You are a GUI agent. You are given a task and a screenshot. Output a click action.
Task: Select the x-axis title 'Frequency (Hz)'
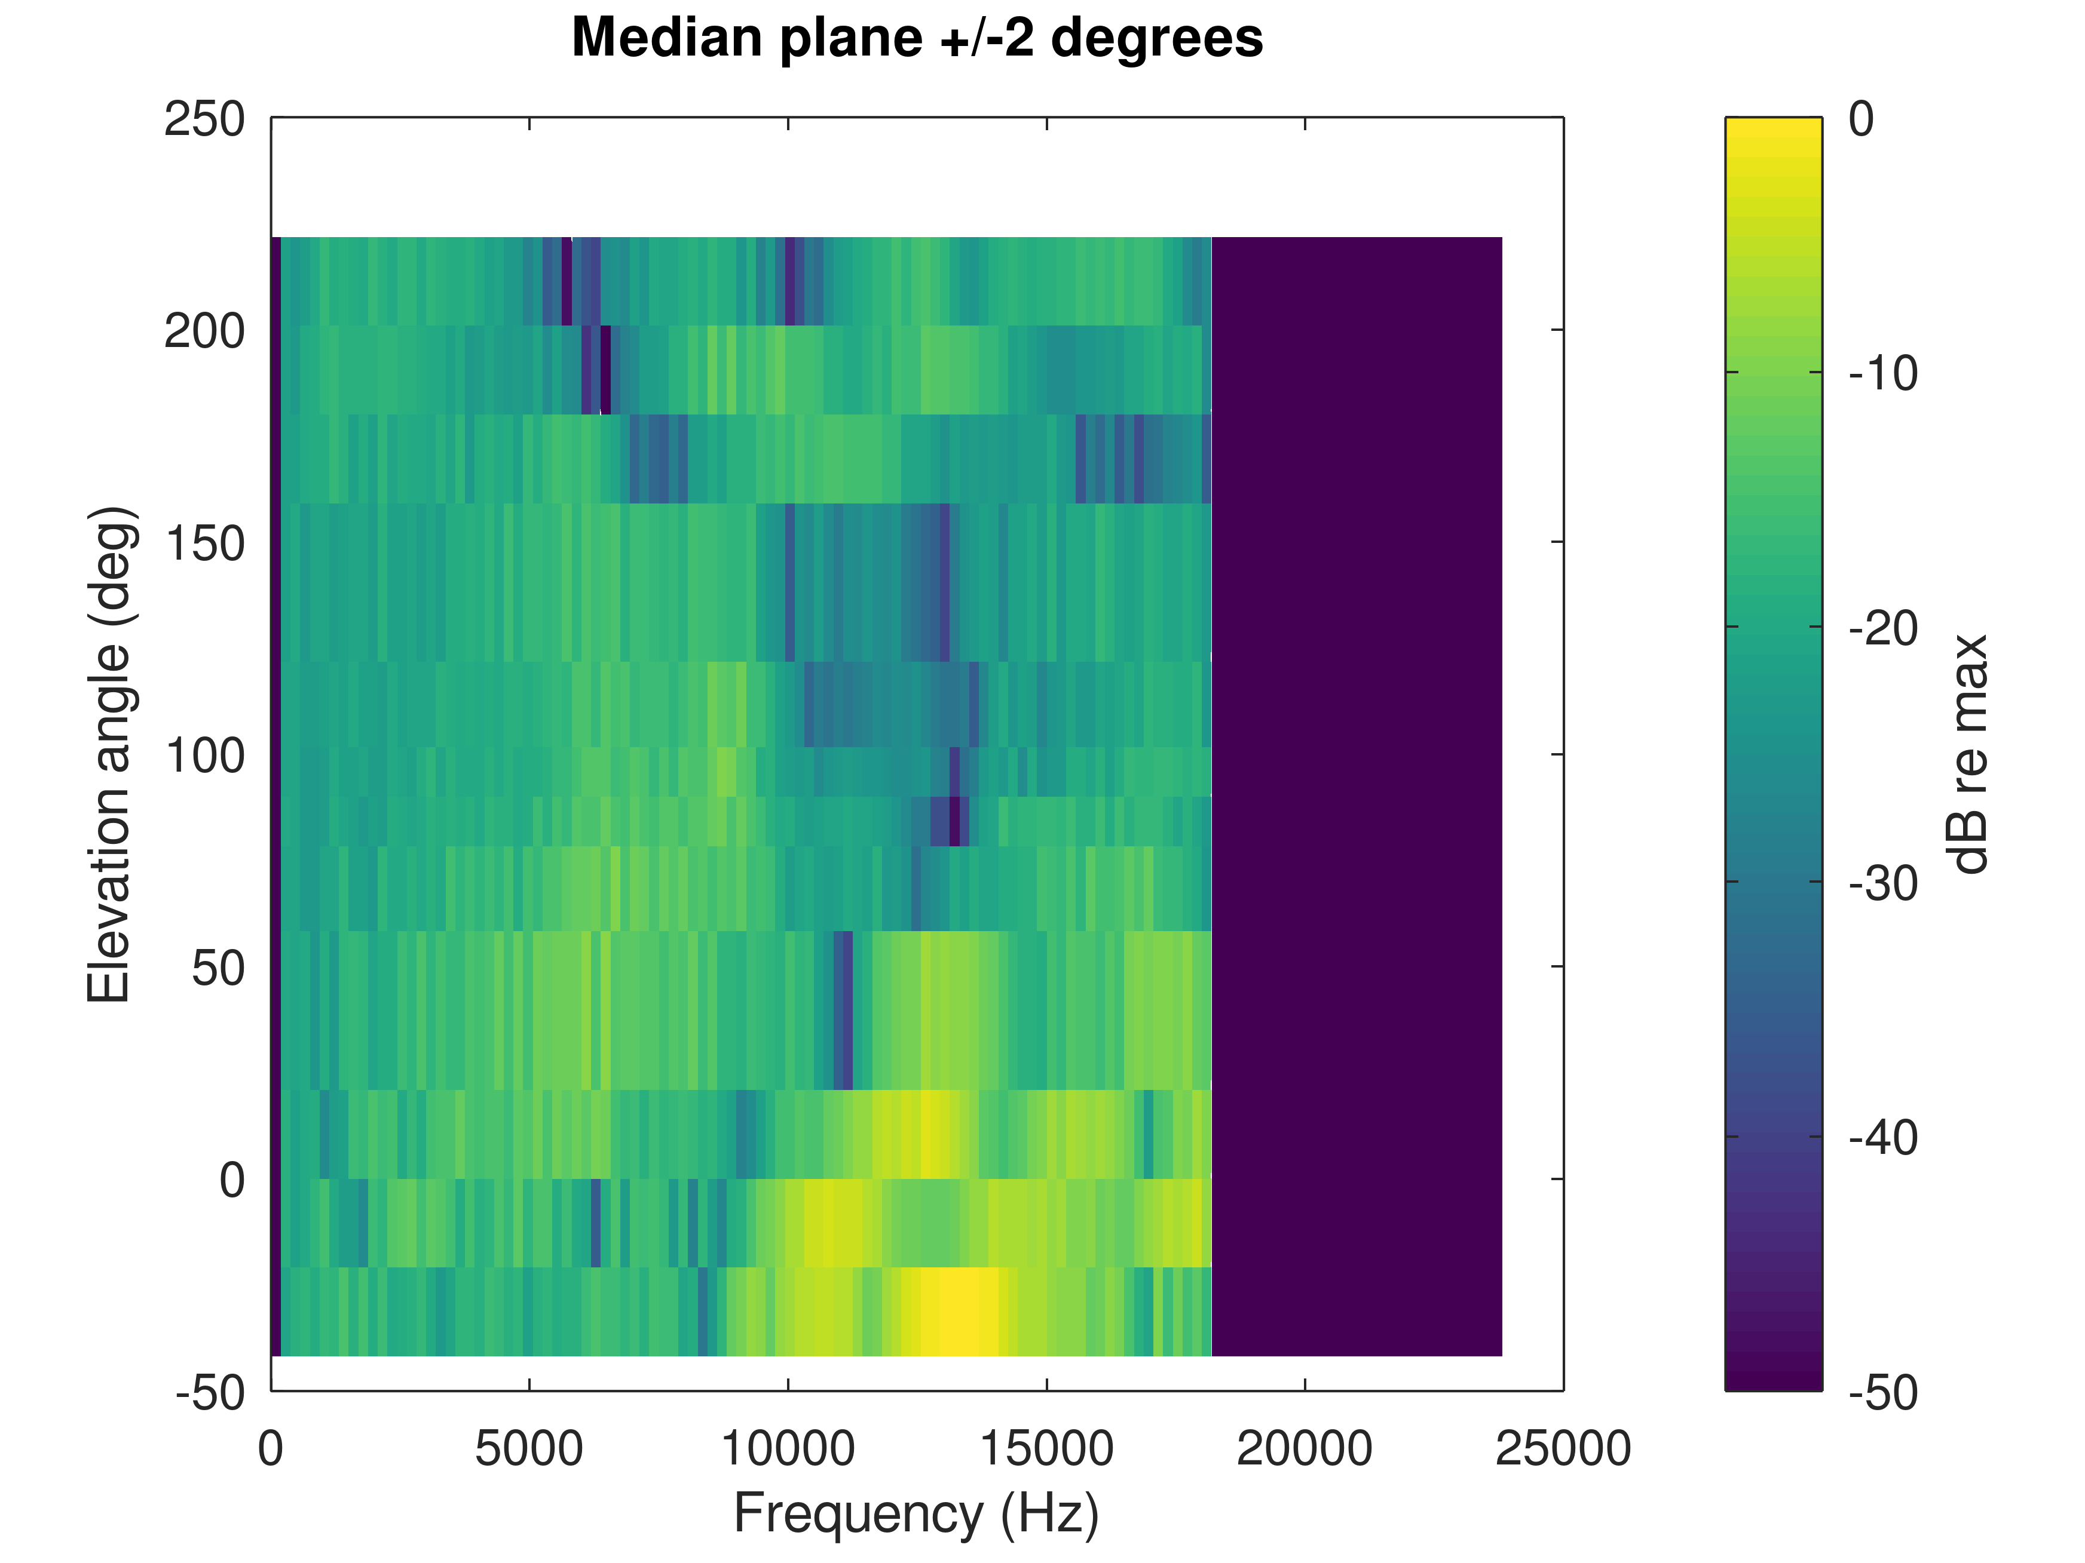[916, 1515]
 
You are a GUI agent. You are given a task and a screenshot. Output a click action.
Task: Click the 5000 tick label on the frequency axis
[529, 1449]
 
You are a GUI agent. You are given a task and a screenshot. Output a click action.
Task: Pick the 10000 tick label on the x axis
[788, 1449]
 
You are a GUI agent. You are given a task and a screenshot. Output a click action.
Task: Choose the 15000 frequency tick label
[1046, 1449]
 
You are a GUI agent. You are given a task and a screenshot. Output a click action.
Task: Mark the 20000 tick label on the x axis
[1305, 1449]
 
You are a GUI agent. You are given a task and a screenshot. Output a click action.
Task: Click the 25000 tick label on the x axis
[1563, 1449]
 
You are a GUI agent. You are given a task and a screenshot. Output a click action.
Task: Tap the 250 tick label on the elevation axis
[204, 119]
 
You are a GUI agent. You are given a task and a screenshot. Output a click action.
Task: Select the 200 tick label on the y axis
[204, 331]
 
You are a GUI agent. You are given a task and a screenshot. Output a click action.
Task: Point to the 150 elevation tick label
[204, 543]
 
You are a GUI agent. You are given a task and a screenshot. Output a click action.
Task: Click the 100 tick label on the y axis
[204, 756]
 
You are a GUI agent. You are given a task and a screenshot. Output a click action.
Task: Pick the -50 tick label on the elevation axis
[209, 1392]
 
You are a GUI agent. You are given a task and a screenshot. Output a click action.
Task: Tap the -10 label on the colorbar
[1883, 374]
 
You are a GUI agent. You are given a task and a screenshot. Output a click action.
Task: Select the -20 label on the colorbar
[1883, 628]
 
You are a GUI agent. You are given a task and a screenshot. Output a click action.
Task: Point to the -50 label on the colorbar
[1883, 1392]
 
